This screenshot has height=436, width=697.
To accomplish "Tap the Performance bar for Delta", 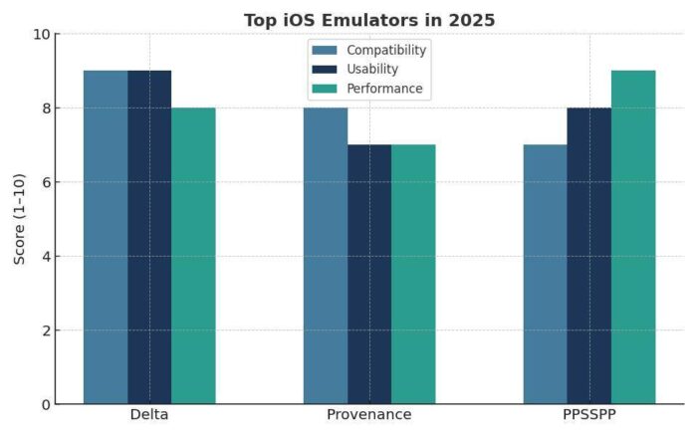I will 193,256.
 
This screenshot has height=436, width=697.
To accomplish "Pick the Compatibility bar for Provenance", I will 326,256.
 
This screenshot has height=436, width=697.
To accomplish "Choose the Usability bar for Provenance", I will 369,274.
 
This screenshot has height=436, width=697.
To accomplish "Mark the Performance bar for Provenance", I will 413,274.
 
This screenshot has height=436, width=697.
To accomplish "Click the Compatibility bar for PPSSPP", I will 545,274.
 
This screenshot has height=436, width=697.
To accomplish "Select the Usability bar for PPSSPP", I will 588,256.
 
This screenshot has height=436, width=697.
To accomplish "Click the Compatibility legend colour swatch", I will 326,50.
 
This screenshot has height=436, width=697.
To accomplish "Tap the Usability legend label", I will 373,70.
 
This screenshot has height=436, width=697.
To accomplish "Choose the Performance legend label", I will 384,89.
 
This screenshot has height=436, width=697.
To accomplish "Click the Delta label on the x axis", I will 149,415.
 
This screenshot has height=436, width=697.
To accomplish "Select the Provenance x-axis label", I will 369,415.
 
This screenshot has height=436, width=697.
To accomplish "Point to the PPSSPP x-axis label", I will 588,415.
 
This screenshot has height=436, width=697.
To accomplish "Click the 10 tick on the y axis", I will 41,34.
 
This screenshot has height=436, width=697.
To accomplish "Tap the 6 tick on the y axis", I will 45,182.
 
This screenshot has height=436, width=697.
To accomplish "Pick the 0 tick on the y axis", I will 45,404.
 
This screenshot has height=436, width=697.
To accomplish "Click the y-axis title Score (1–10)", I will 20,219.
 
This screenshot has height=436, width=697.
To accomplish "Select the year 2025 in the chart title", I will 471,20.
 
